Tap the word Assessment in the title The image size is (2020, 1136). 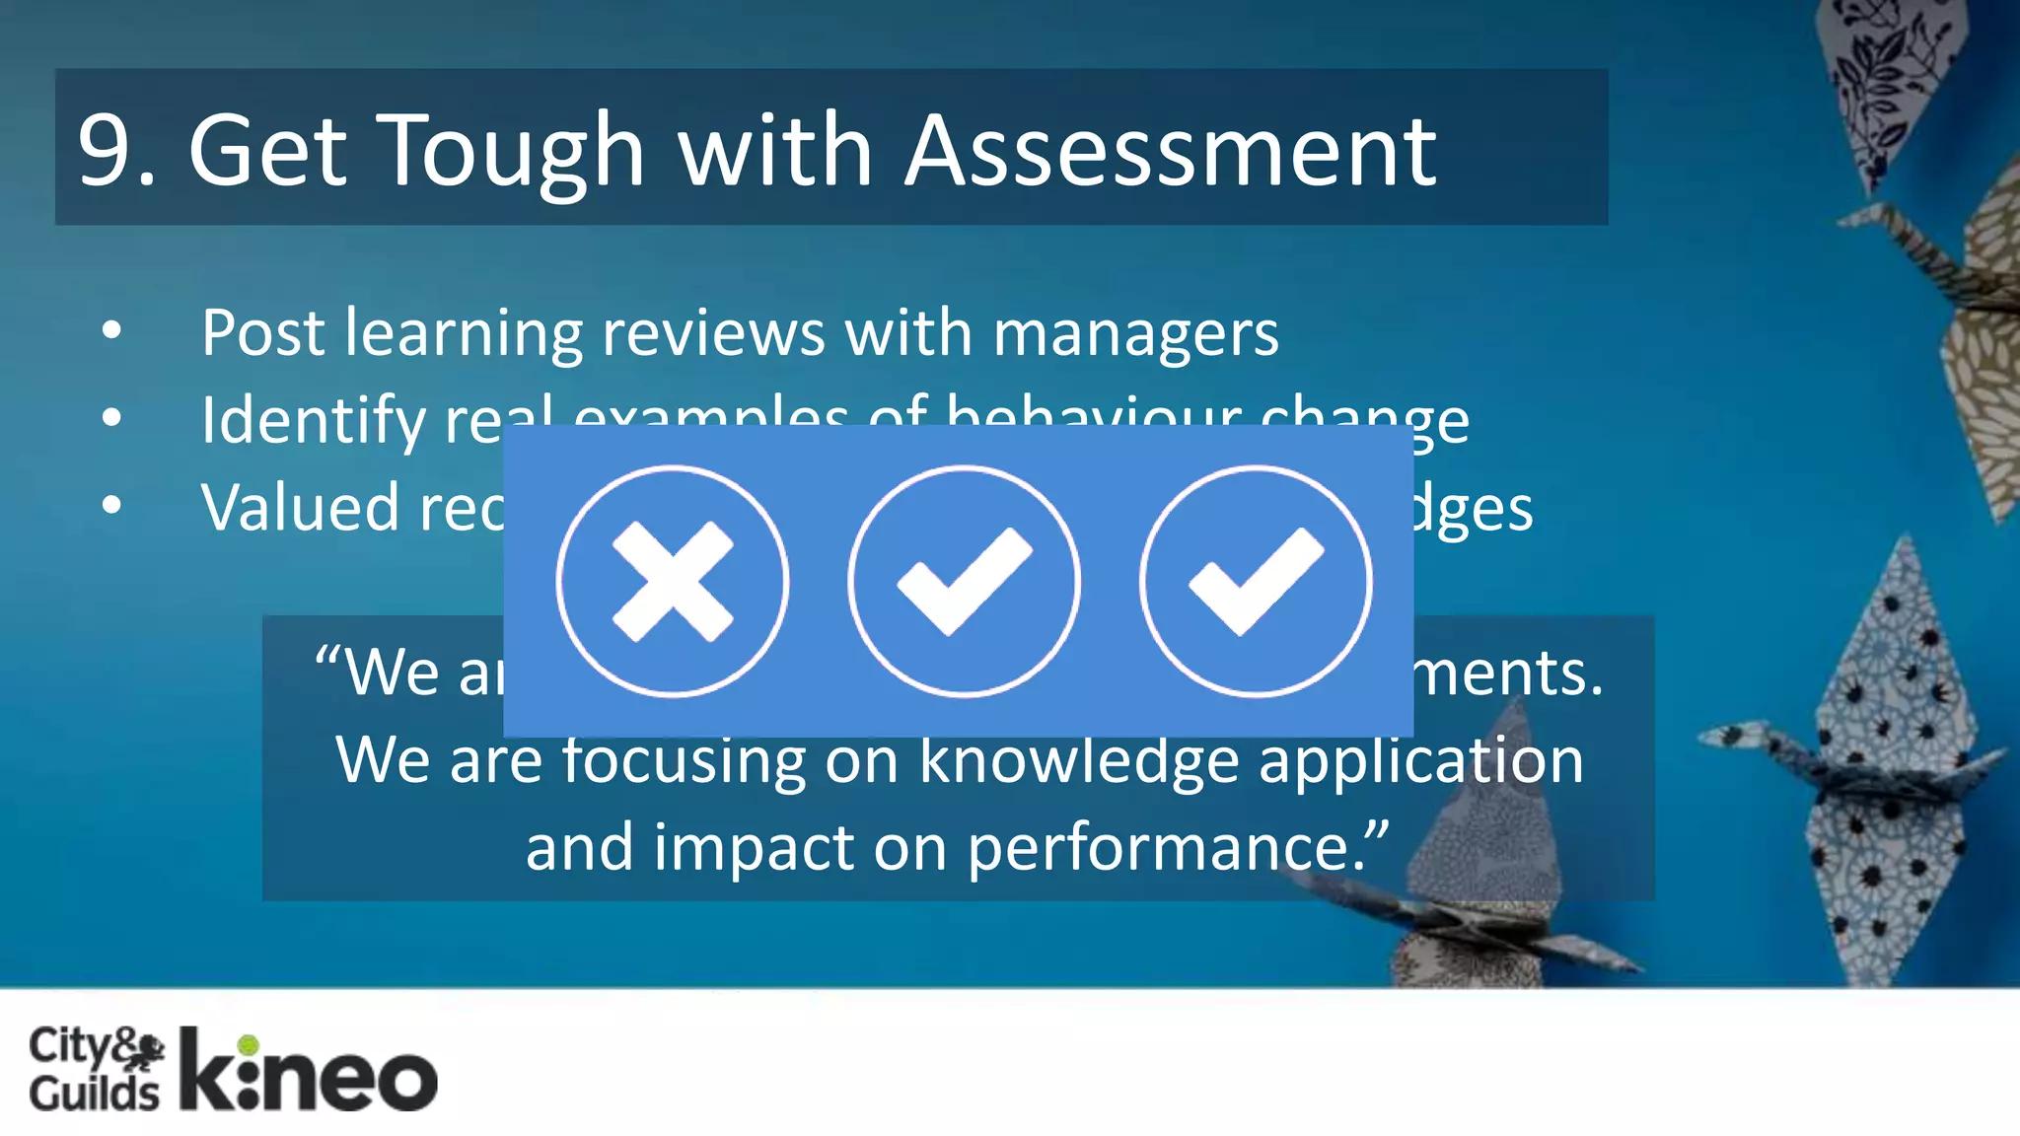1171,150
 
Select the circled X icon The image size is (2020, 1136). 673,581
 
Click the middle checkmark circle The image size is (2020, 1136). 964,581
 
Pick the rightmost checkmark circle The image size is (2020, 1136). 1255,581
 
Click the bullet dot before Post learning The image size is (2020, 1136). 112,331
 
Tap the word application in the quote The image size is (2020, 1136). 1421,760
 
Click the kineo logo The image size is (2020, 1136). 309,1072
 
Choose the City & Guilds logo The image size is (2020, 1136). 96,1069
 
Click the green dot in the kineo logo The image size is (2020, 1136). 249,1044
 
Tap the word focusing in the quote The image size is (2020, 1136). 683,760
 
